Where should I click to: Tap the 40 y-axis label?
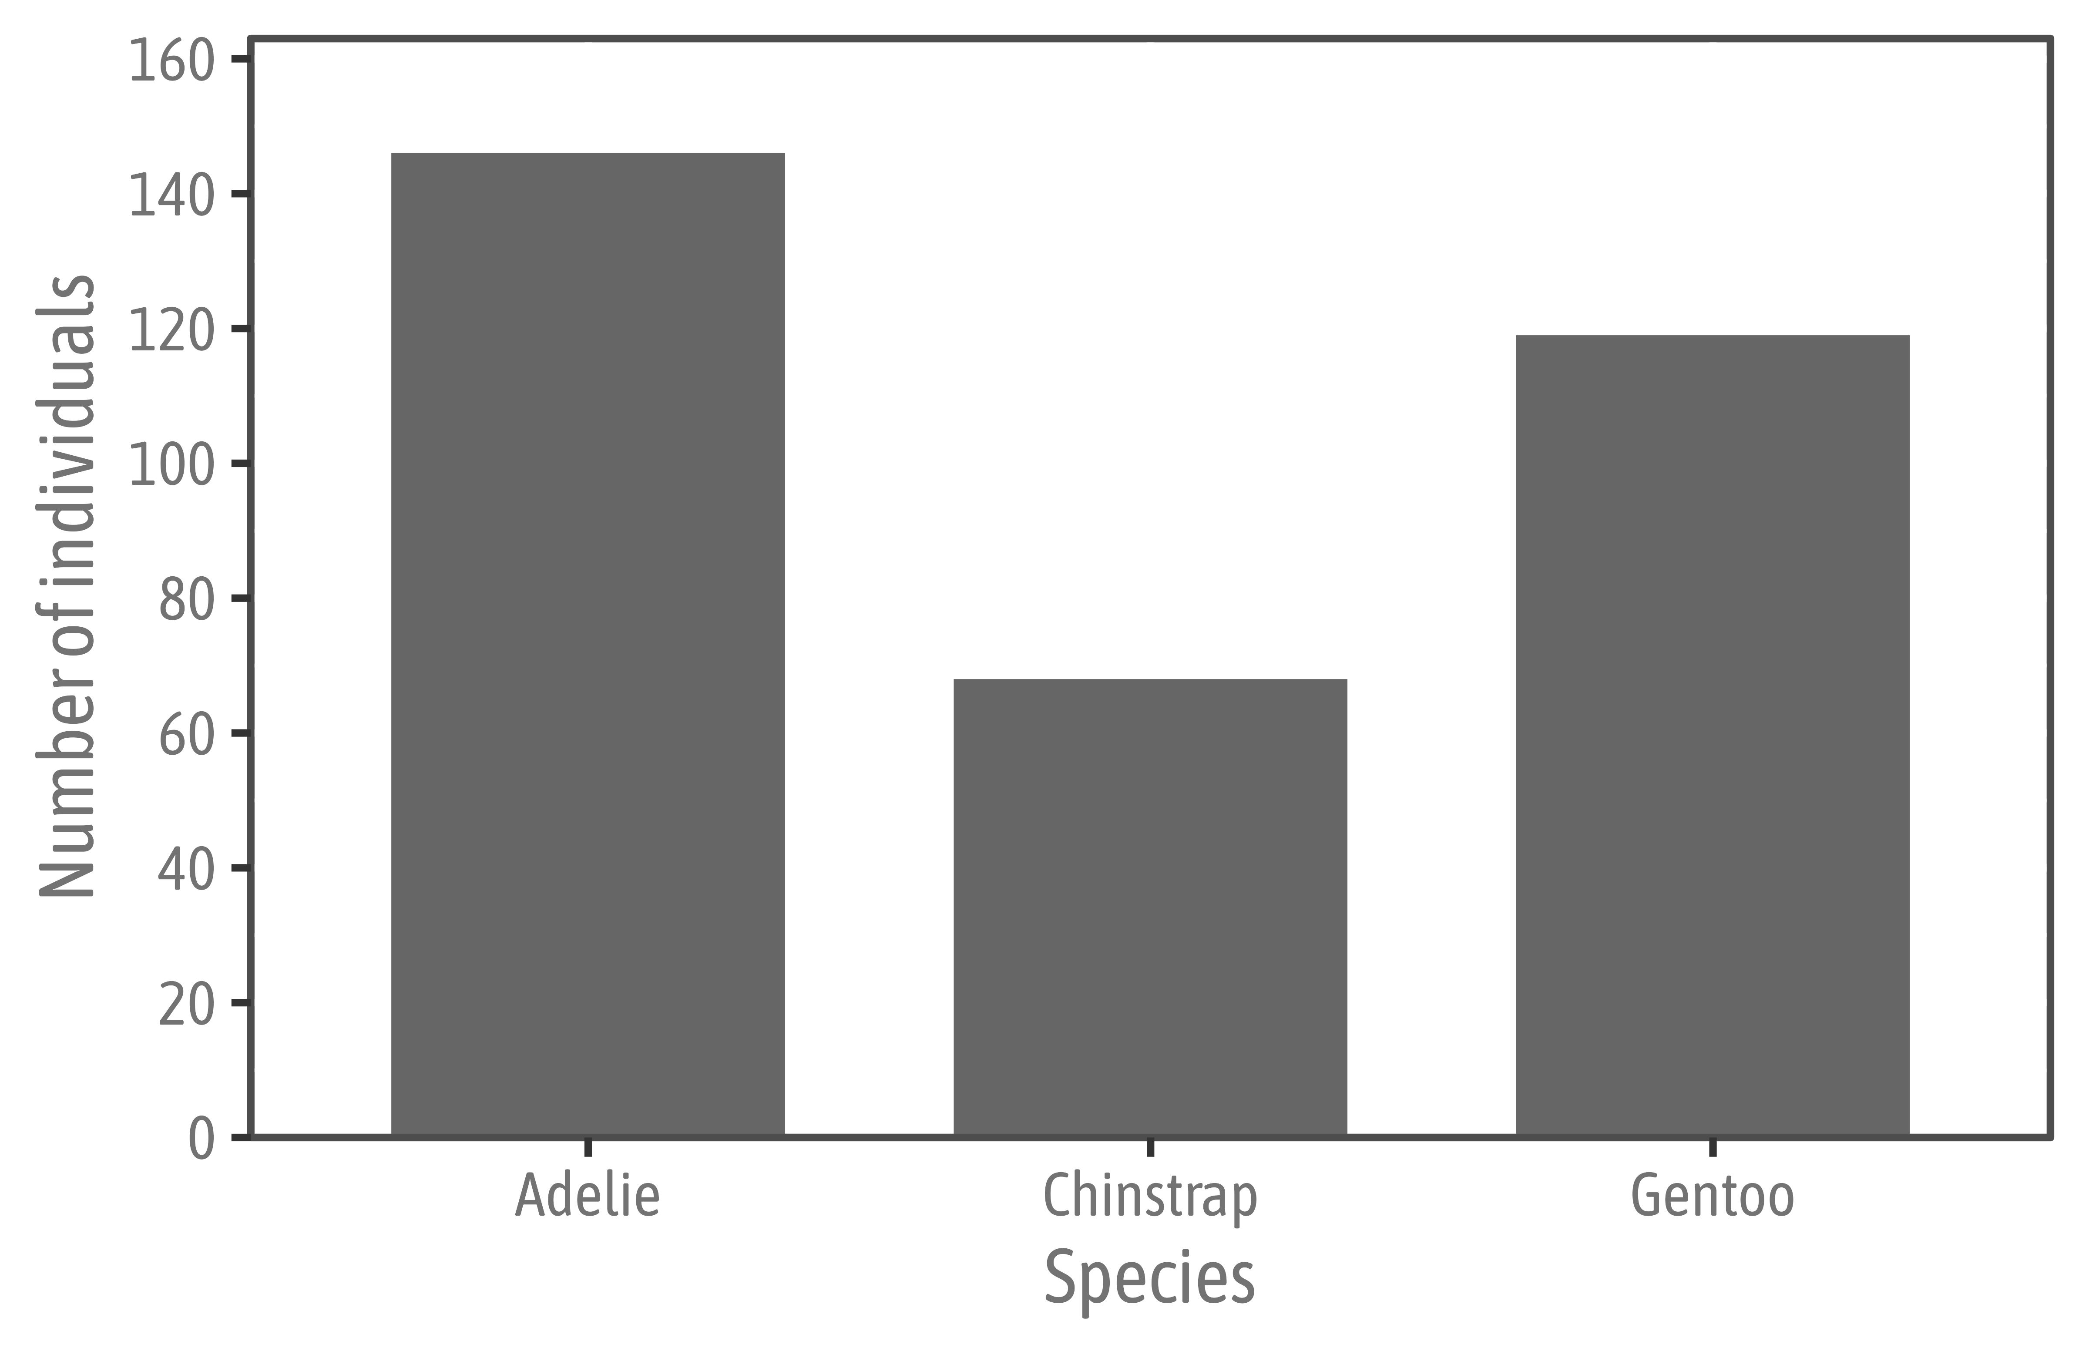point(186,870)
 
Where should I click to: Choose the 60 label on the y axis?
point(186,736)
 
